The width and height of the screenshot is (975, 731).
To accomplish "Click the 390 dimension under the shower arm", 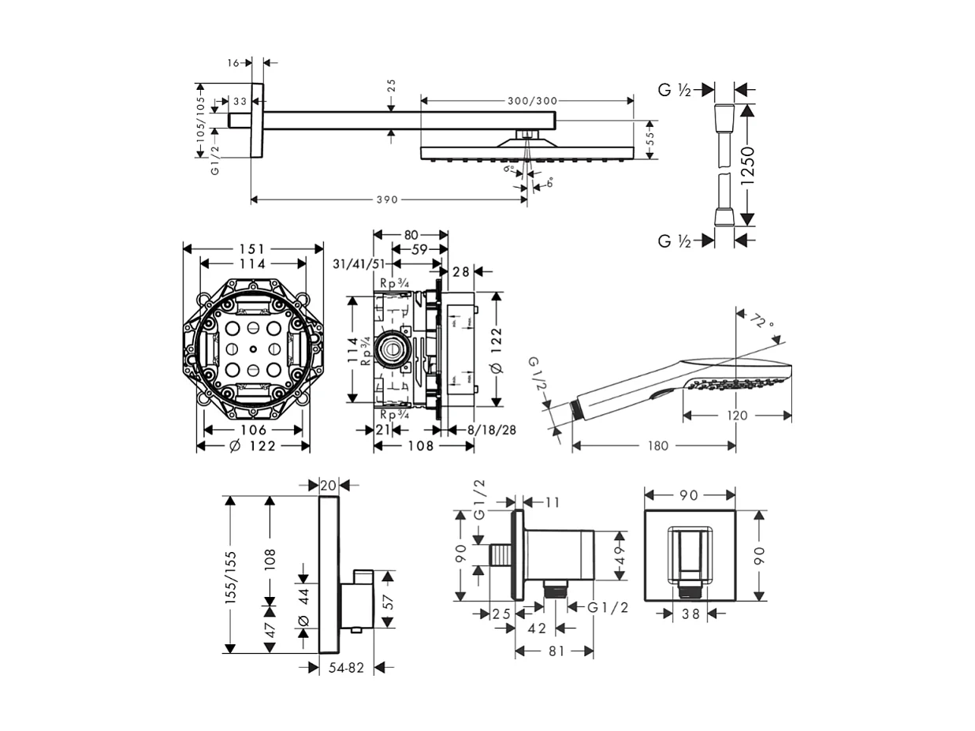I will point(386,200).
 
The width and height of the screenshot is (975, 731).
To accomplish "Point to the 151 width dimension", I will point(253,248).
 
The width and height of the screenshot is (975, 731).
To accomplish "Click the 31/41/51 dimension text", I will point(359,264).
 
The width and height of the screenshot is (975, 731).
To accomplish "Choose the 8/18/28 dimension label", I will point(493,430).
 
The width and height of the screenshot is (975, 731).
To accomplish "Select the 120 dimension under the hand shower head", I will point(737,415).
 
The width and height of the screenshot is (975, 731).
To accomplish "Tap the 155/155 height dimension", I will point(231,576).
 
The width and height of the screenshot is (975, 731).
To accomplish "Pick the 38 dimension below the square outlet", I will point(690,614).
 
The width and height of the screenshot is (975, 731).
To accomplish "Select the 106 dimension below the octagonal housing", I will point(253,430).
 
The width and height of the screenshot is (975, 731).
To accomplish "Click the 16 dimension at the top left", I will point(234,62).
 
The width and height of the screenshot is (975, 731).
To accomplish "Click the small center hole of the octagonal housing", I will point(253,349).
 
